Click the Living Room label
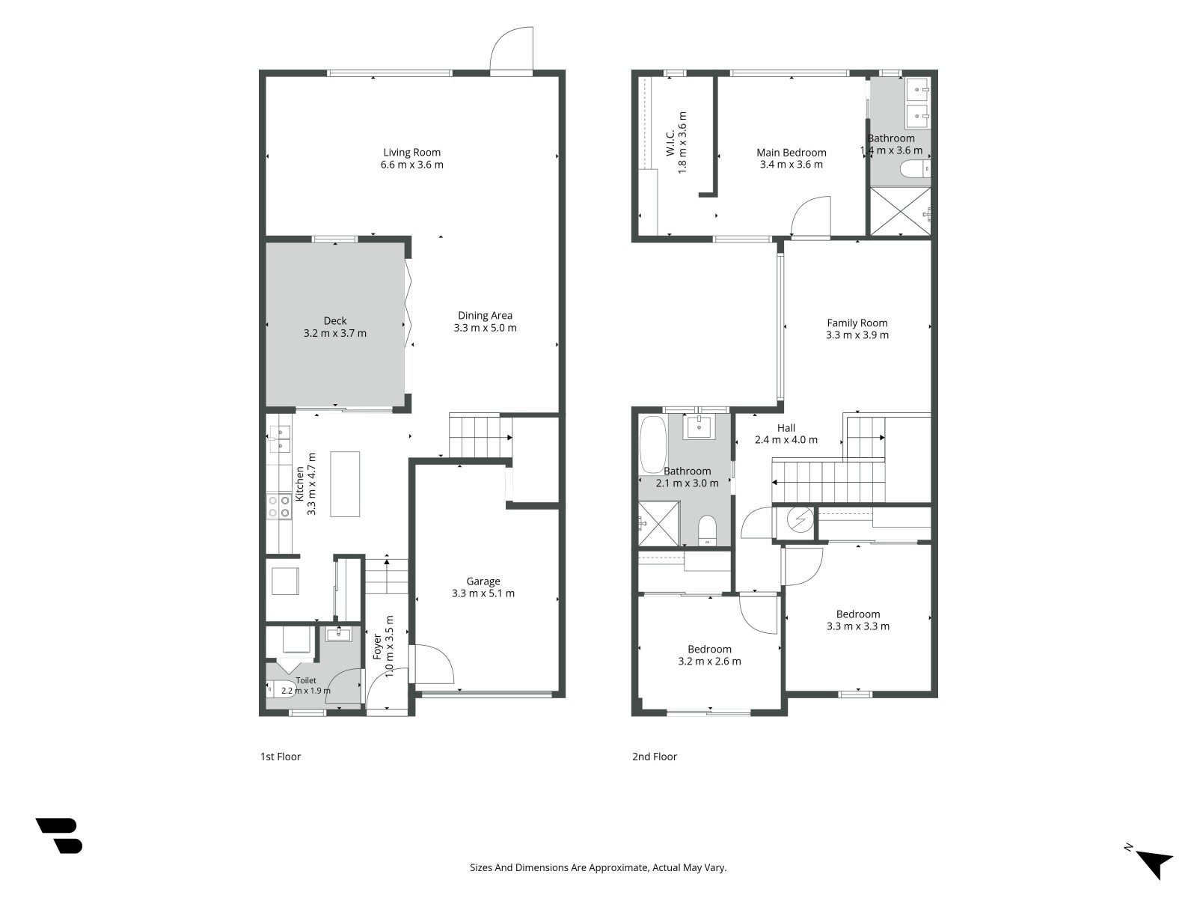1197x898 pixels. click(x=411, y=153)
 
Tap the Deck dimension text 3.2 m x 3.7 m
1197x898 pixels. click(x=335, y=333)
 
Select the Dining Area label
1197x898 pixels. click(x=485, y=316)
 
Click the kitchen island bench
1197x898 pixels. click(x=345, y=484)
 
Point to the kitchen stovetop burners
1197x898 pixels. click(x=278, y=506)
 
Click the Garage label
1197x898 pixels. click(x=483, y=581)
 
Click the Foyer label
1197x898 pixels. click(x=377, y=647)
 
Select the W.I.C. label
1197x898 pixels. click(x=671, y=143)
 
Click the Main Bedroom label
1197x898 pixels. click(x=792, y=153)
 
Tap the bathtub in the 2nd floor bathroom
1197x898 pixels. click(x=652, y=445)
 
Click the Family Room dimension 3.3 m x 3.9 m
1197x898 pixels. click(x=857, y=335)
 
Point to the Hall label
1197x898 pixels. click(x=786, y=428)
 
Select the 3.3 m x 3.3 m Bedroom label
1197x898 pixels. click(x=858, y=614)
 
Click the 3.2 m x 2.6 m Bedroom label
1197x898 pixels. click(x=709, y=650)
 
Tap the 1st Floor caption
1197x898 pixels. click(x=281, y=757)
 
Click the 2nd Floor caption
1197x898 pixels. click(x=655, y=757)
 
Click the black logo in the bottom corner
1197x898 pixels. click(x=59, y=836)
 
